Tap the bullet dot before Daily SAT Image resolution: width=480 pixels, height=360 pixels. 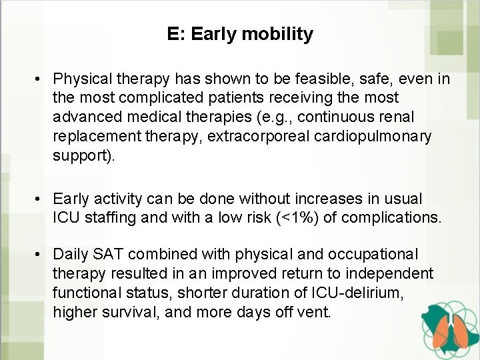click(x=41, y=255)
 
